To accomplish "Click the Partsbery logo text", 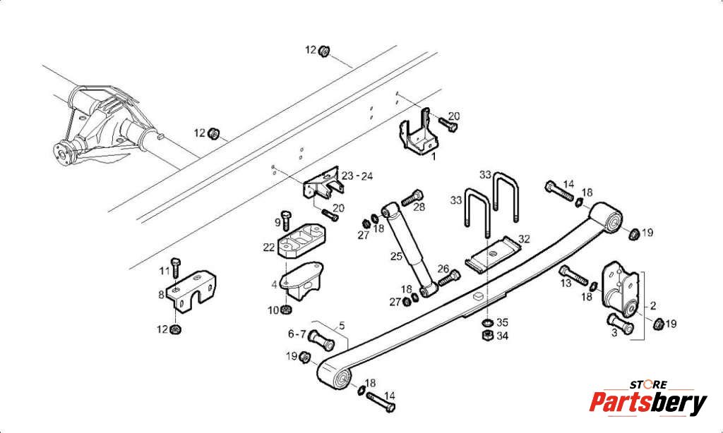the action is [x=648, y=403].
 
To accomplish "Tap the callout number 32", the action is [x=524, y=239].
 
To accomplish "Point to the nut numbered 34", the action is [x=487, y=336].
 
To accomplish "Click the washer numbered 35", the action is [x=488, y=322].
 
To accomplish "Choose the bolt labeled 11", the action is [x=176, y=268].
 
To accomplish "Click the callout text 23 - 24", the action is [x=357, y=176].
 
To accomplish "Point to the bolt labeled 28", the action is [x=412, y=197].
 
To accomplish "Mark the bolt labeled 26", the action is [x=449, y=277].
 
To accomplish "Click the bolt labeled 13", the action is [x=573, y=274].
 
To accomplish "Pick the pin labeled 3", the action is [x=620, y=324].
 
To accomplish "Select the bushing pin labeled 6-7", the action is [x=321, y=341].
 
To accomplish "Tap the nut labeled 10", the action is [x=286, y=310].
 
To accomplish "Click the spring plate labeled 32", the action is [x=492, y=256].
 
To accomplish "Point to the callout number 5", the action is [x=342, y=326].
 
